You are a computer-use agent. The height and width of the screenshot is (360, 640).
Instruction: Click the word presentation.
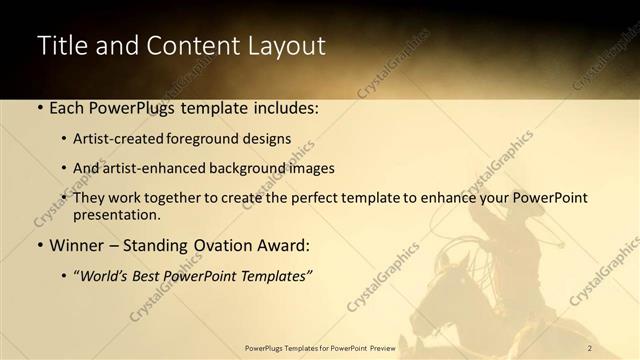(x=117, y=214)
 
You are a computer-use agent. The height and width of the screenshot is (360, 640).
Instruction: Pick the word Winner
(x=77, y=244)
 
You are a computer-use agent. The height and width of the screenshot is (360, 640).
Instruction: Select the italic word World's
(x=106, y=274)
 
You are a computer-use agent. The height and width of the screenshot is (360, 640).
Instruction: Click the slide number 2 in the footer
(x=590, y=347)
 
